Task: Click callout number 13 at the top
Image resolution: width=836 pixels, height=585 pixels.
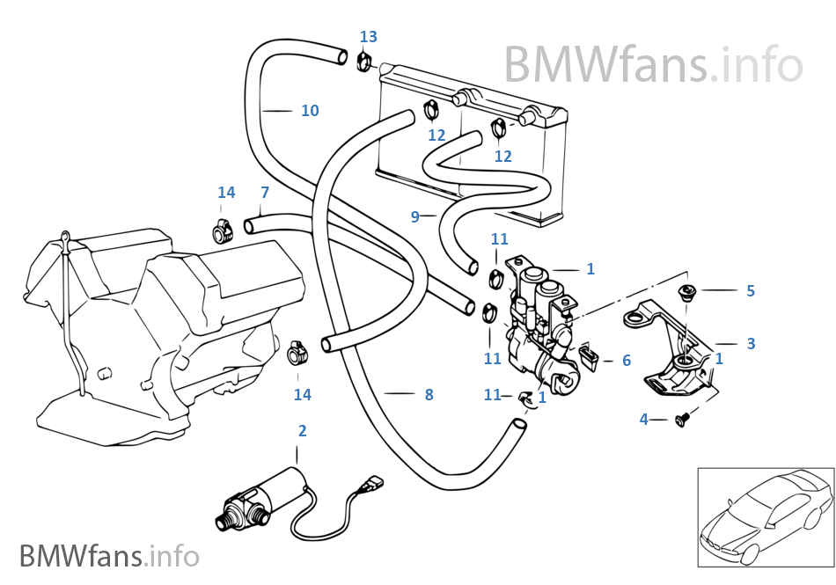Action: point(368,36)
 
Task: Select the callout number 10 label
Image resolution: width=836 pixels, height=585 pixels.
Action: point(310,111)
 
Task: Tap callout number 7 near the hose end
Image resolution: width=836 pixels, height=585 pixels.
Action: point(264,192)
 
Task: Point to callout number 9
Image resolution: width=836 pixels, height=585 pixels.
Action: point(415,216)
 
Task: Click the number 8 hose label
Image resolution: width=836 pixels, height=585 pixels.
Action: point(429,395)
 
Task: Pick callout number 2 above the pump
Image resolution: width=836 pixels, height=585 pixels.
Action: point(302,431)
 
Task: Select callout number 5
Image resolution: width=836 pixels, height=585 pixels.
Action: point(750,290)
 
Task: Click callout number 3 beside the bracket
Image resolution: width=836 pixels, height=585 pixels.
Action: point(751,343)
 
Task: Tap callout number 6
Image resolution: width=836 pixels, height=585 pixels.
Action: point(627,361)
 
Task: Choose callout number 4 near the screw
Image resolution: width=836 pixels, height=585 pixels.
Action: point(643,420)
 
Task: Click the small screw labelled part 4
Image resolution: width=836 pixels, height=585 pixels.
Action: point(679,421)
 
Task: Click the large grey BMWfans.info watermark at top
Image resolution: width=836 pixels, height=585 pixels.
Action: point(653,63)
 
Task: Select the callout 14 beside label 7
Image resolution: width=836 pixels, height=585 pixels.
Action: point(226,193)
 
